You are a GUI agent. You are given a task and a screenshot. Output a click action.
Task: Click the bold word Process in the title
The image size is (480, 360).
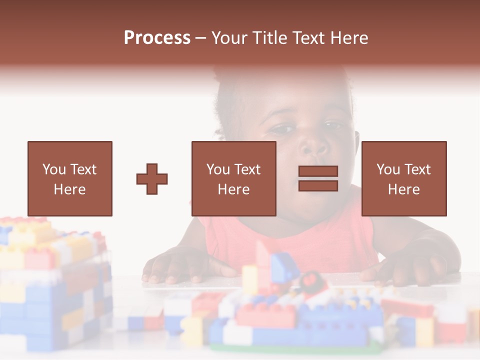(x=157, y=38)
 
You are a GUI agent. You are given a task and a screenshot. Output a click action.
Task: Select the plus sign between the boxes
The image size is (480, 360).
(x=152, y=178)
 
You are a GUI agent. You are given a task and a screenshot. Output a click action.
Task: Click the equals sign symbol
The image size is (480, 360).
(x=318, y=178)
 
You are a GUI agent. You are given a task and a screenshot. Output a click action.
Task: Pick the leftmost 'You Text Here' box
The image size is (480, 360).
(x=69, y=178)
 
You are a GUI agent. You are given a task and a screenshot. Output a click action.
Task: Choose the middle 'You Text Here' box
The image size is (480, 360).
(x=233, y=178)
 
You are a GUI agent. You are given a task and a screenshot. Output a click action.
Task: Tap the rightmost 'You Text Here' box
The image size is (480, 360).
(x=403, y=178)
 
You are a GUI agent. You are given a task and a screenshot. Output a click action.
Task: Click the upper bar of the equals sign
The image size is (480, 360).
(x=318, y=171)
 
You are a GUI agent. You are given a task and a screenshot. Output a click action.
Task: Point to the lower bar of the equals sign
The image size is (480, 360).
(x=318, y=186)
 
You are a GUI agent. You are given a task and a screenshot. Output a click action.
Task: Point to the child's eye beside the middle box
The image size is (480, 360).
(x=283, y=129)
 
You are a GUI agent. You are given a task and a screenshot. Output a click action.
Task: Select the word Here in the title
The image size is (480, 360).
(x=347, y=38)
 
